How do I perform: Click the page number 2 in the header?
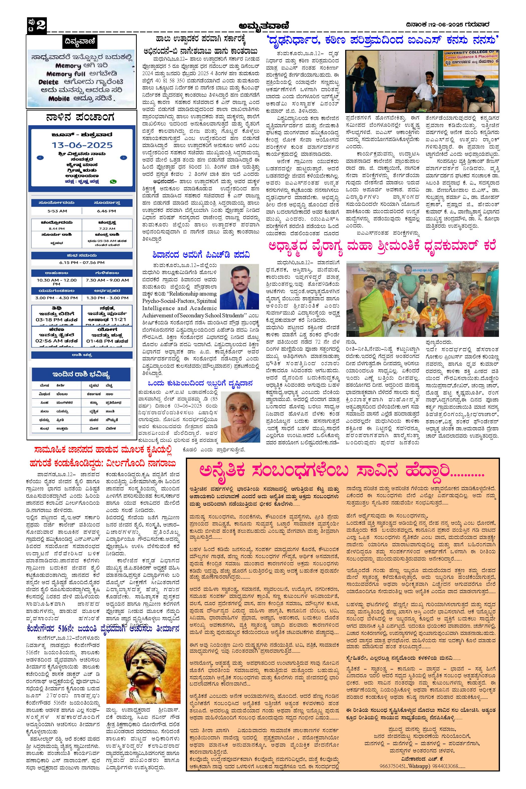pos(41,25)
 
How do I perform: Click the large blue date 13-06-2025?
pos(82,145)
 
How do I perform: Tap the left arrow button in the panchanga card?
pos(40,158)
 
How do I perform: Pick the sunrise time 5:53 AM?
pos(57,211)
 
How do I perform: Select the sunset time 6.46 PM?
pos(107,211)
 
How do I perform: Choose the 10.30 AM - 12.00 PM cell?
pos(57,282)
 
